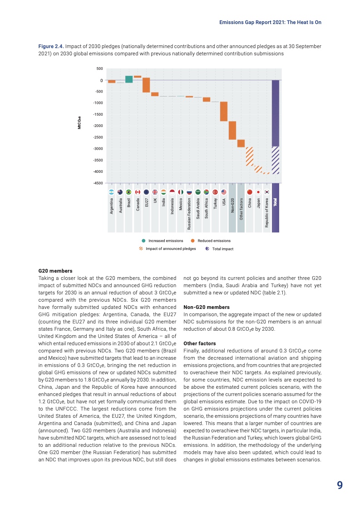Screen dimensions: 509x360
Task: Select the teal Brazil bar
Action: pyautogui.click(x=129, y=79)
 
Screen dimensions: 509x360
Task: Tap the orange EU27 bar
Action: pyautogui.click(x=146, y=85)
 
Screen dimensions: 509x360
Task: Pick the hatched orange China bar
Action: pyautogui.click(x=250, y=157)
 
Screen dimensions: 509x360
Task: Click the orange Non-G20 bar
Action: pyautogui.click(x=232, y=130)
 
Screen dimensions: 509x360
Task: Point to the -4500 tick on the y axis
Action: pyautogui.click(x=98, y=183)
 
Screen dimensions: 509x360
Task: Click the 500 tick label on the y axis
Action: pyautogui.click(x=99, y=69)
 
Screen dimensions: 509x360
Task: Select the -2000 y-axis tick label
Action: pyautogui.click(x=98, y=126)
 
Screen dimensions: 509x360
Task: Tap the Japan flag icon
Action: pyautogui.click(x=258, y=192)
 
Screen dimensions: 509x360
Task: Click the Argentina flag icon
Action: pyautogui.click(x=112, y=192)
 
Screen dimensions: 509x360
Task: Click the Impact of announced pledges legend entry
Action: pyautogui.click(x=168, y=249)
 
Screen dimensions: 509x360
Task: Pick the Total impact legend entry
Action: pyautogui.click(x=220, y=249)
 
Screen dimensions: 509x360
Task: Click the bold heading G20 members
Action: pyautogui.click(x=53, y=271)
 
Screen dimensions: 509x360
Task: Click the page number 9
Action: pyautogui.click(x=340, y=485)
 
